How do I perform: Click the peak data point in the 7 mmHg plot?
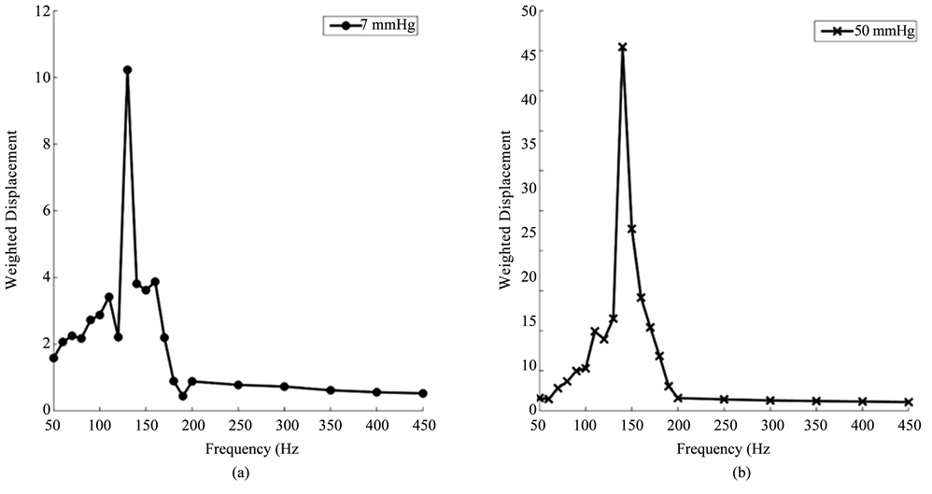127,70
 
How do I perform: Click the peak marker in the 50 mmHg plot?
622,47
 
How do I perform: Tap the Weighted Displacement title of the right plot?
505,211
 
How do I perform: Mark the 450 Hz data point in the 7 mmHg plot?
423,393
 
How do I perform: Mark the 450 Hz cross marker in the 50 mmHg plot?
908,402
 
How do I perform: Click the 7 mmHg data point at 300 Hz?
284,387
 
